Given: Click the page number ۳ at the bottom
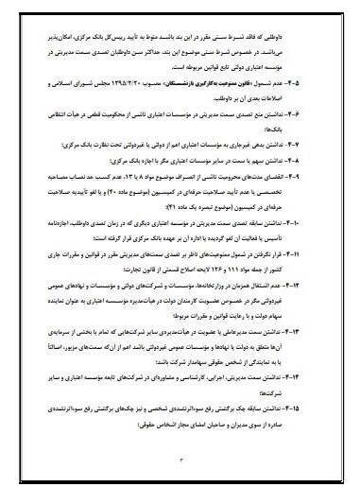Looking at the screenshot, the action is pyautogui.click(x=180, y=458).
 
